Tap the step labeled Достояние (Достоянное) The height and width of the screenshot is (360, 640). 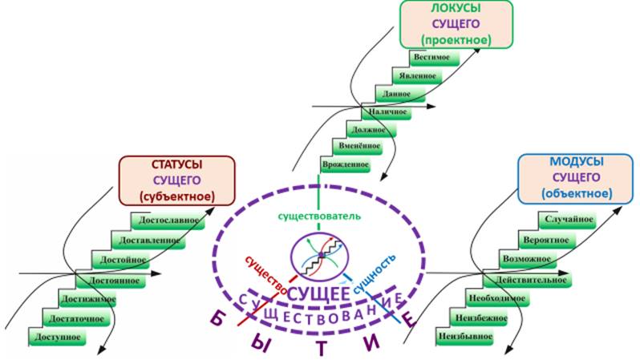click(x=112, y=281)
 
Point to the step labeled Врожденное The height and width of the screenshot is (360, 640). click(x=345, y=164)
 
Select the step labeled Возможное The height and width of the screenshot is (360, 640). click(x=525, y=260)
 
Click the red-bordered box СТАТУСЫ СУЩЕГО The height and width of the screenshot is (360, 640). click(x=178, y=180)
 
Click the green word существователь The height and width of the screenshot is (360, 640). click(x=319, y=216)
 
